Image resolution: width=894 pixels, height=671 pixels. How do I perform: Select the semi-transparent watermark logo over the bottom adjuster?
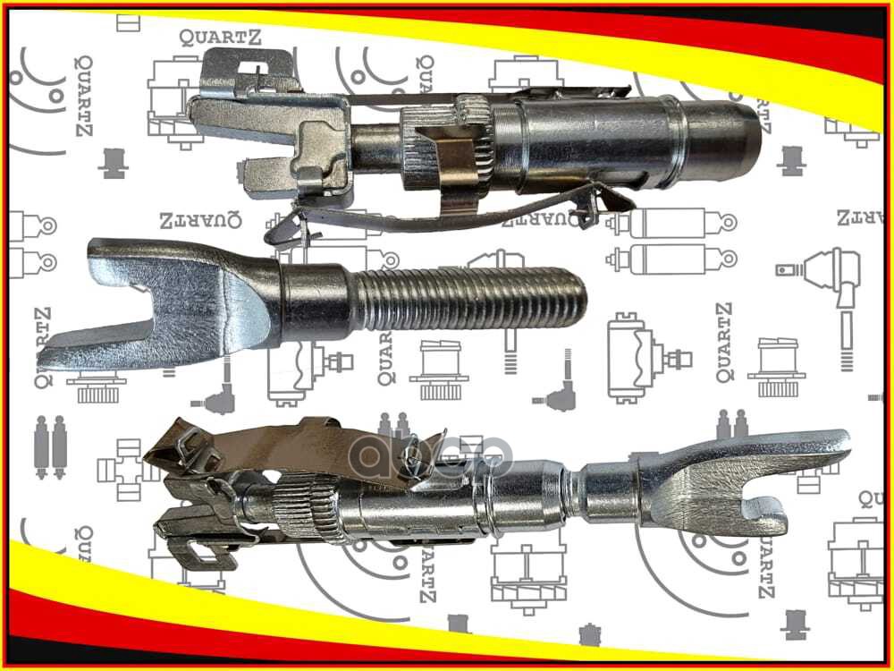tap(429, 456)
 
